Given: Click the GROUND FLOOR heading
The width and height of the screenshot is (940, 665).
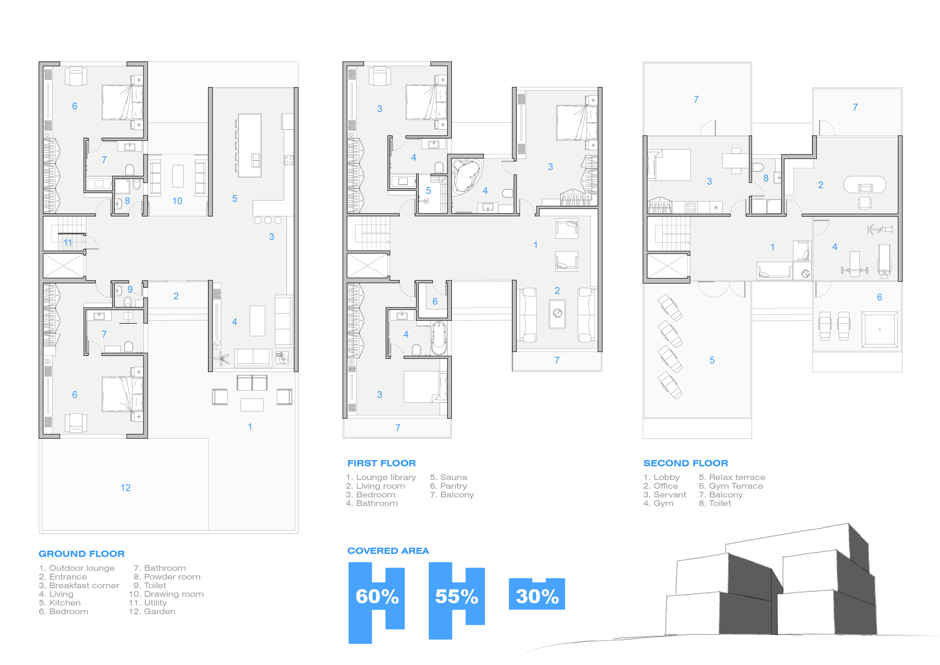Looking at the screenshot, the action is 81,554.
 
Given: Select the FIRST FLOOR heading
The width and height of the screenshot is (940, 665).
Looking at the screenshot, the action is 382,463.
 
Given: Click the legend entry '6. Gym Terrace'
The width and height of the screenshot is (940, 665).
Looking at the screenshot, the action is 731,486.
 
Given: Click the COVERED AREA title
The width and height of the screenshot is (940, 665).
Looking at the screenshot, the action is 388,551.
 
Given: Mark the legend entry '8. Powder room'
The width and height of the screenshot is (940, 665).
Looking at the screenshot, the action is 167,576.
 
